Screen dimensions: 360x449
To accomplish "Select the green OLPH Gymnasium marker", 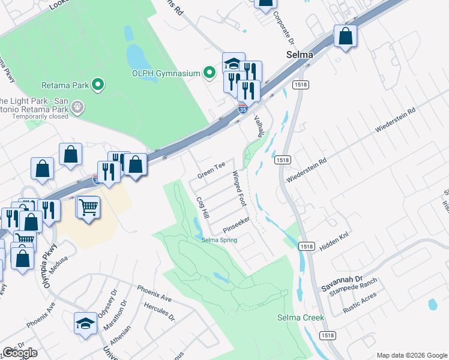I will [209, 73].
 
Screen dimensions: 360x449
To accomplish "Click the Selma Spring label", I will [219, 240].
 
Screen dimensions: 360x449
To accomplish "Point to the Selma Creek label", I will [300, 317].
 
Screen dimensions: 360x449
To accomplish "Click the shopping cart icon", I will [88, 208].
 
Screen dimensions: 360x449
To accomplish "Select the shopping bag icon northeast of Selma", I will [345, 37].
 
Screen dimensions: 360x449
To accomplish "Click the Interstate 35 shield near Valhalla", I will [242, 109].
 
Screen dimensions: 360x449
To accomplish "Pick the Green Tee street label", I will [212, 170].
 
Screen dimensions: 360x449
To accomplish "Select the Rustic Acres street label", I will [360, 308].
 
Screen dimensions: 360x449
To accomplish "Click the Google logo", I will [20, 353].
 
